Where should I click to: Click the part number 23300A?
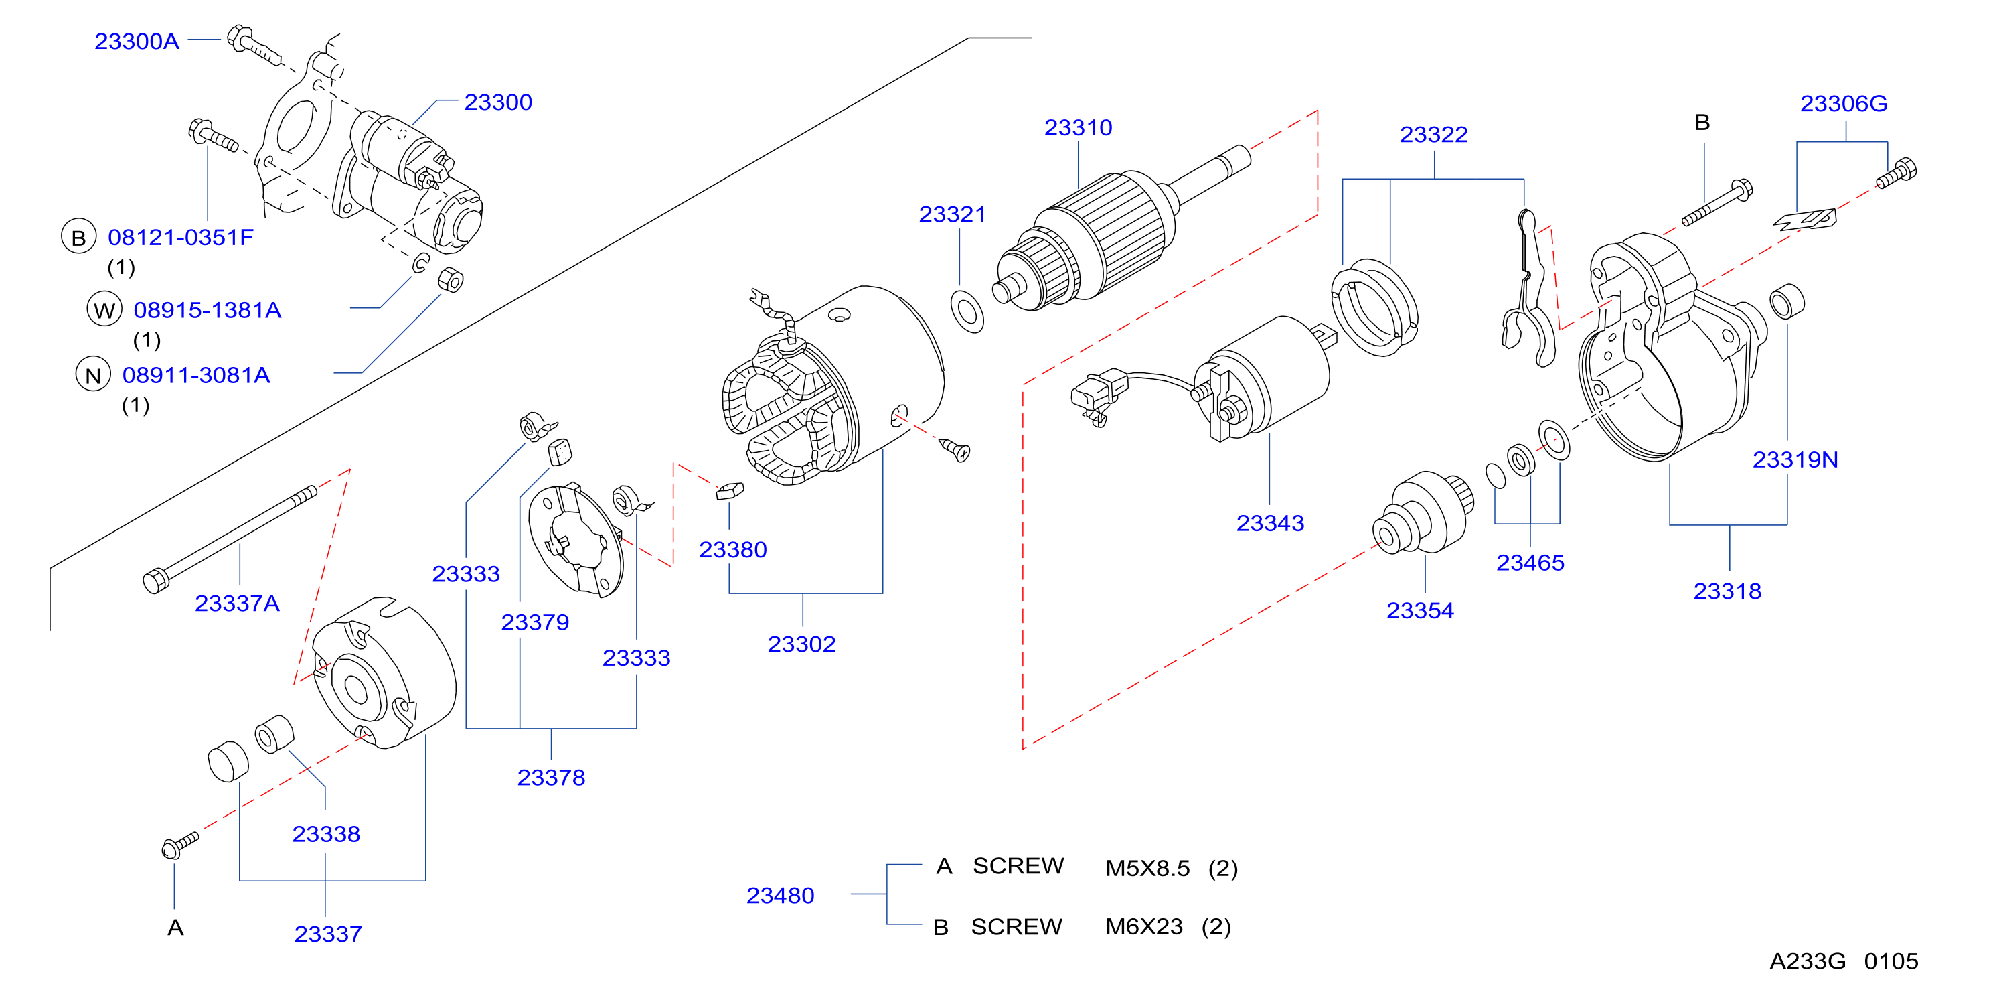click(x=137, y=41)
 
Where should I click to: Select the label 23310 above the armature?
click(x=1077, y=127)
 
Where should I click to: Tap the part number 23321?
click(x=952, y=214)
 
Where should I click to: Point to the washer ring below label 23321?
click(x=967, y=311)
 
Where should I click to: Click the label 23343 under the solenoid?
click(x=1269, y=523)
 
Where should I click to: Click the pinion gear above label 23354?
click(x=1423, y=513)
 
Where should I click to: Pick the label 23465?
click(x=1530, y=563)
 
